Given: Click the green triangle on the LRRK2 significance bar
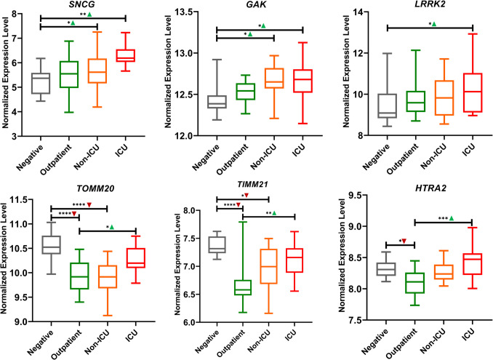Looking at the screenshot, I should tap(433, 24).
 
